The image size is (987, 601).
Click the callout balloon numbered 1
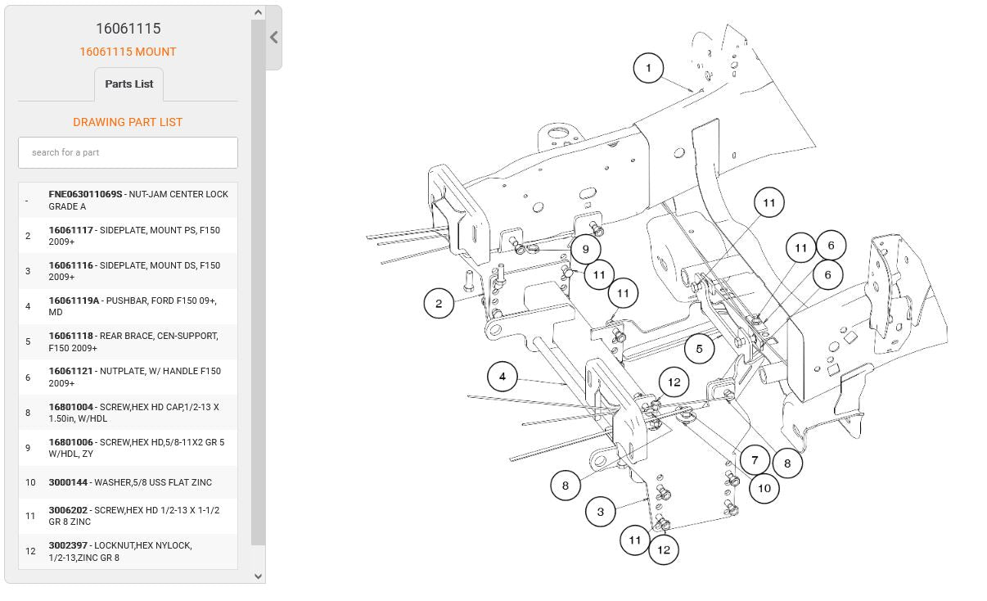[648, 68]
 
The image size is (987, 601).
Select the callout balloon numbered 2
[439, 304]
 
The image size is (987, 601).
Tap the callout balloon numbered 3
[601, 512]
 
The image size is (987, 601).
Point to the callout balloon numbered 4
[503, 377]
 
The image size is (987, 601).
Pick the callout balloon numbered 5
[700, 349]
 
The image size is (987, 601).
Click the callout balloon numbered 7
[755, 460]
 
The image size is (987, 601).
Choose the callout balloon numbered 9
[586, 249]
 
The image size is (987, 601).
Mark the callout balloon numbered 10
[764, 488]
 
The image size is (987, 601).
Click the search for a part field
[128, 152]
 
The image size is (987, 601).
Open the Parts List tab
[128, 84]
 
